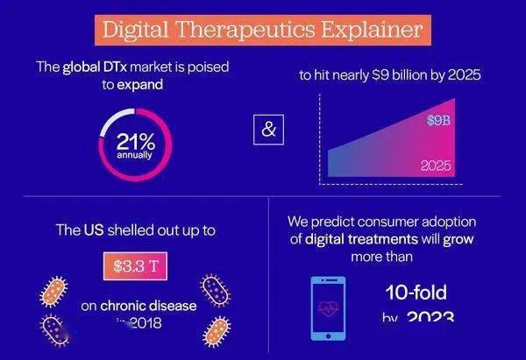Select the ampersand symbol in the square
click(269, 130)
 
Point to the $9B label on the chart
click(437, 120)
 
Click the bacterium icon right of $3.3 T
click(215, 288)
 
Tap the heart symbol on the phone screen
click(328, 309)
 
